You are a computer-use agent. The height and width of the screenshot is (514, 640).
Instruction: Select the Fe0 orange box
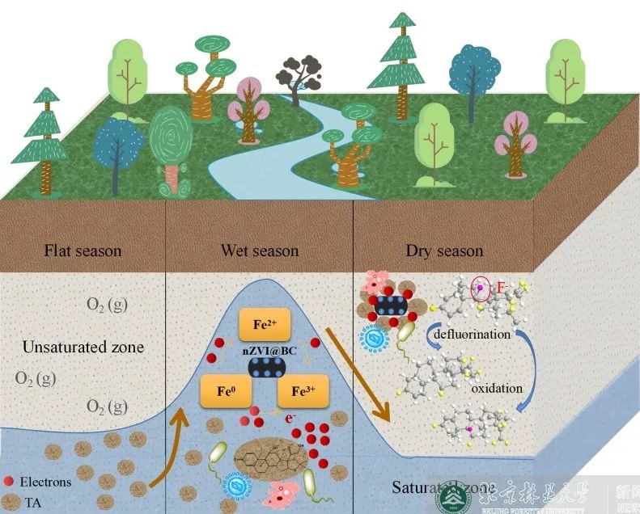[x=226, y=391]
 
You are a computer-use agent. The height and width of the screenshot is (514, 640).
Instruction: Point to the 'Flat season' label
[x=83, y=251]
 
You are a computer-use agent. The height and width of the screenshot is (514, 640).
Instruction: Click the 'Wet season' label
[x=260, y=251]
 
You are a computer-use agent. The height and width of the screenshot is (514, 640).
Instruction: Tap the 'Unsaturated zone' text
[x=83, y=348]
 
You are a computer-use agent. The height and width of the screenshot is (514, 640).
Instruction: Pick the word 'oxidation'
[x=497, y=388]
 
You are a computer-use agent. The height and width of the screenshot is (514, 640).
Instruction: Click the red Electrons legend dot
[x=10, y=482]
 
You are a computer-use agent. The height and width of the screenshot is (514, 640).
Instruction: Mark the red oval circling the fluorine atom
[x=480, y=288]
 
